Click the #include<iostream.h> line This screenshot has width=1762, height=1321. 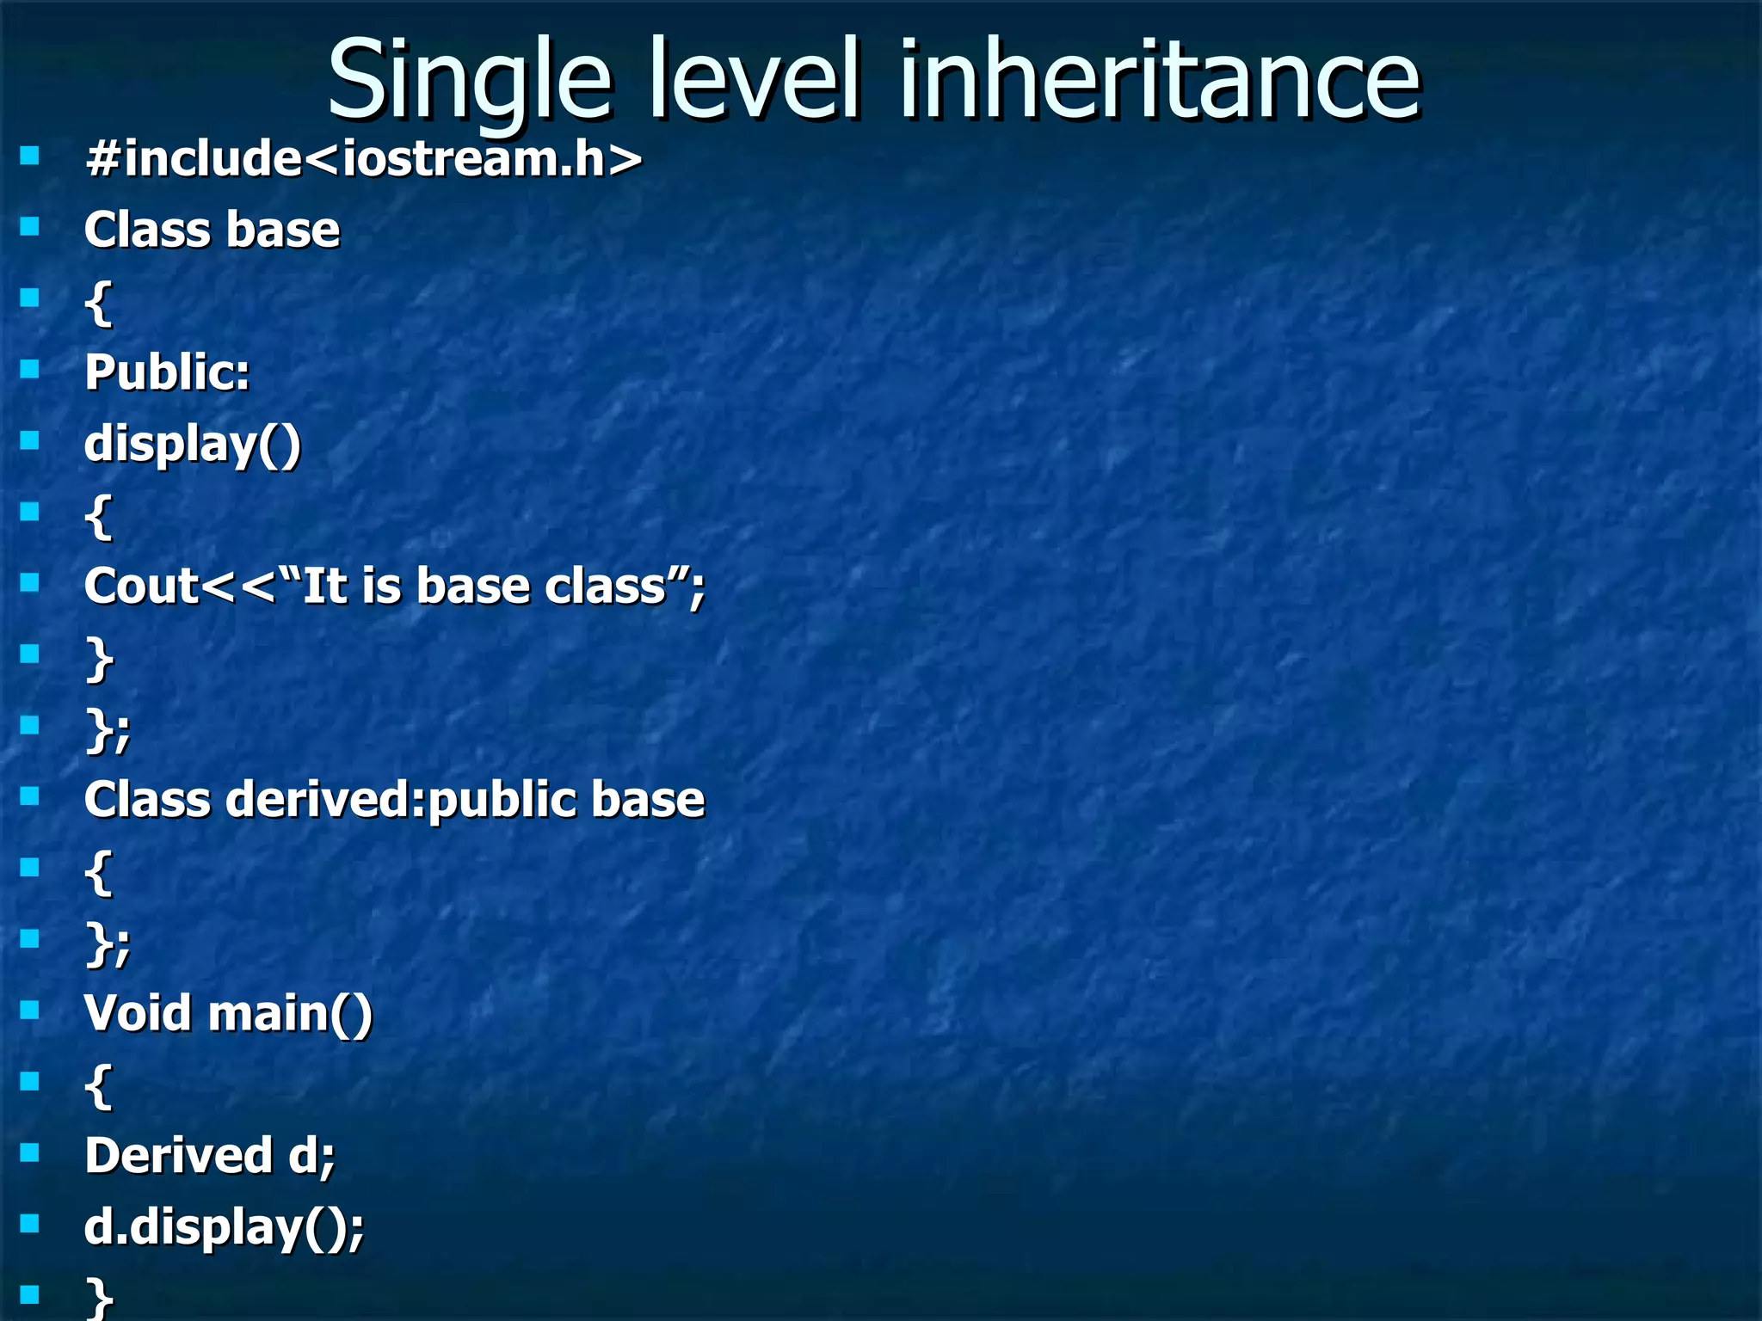[363, 159]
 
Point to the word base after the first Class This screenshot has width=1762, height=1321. [283, 230]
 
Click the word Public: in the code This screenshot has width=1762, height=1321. [167, 373]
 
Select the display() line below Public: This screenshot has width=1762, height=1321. [193, 445]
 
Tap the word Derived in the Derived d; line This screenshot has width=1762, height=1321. [178, 1155]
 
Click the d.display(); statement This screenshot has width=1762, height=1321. [224, 1227]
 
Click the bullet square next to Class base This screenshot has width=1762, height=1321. [30, 226]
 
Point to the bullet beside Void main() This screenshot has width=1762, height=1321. [30, 1009]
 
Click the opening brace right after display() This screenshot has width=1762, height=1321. [99, 517]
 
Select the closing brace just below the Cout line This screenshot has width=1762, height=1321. [99, 660]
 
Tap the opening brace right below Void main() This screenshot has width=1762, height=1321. [99, 1086]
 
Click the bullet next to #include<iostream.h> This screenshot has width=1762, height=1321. [30, 156]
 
